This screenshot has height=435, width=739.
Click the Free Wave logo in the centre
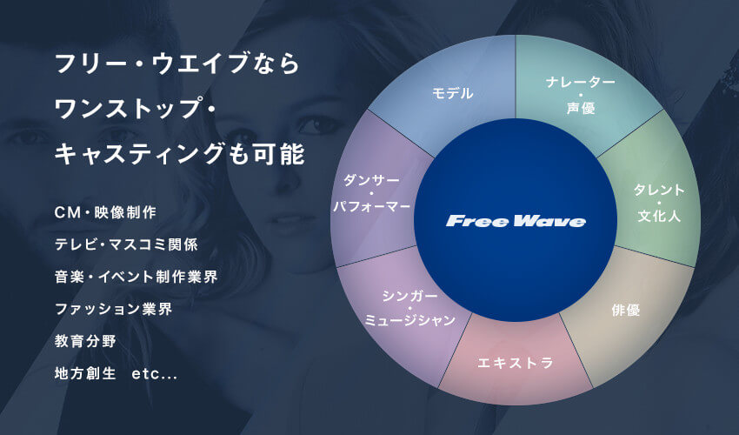[x=516, y=221]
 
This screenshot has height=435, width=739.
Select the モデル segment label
[x=452, y=93]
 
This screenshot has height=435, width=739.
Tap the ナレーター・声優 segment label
[x=581, y=96]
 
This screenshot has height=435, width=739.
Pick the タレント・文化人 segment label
[x=659, y=203]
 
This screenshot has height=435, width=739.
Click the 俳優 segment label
[x=625, y=310]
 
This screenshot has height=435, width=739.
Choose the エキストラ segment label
[x=516, y=362]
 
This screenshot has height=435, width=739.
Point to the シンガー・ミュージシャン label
[x=410, y=308]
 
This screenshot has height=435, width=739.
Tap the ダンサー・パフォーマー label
[x=371, y=193]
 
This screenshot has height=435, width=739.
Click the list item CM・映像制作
[x=105, y=212]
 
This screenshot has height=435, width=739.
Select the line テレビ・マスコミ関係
[x=126, y=244]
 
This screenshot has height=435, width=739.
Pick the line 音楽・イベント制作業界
[x=136, y=277]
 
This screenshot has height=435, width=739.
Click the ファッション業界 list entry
[x=114, y=309]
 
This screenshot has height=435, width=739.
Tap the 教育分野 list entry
[x=85, y=341]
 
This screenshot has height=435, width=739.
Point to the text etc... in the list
[x=155, y=375]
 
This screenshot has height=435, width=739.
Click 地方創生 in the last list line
[x=85, y=373]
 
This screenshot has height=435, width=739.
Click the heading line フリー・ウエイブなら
[x=177, y=64]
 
